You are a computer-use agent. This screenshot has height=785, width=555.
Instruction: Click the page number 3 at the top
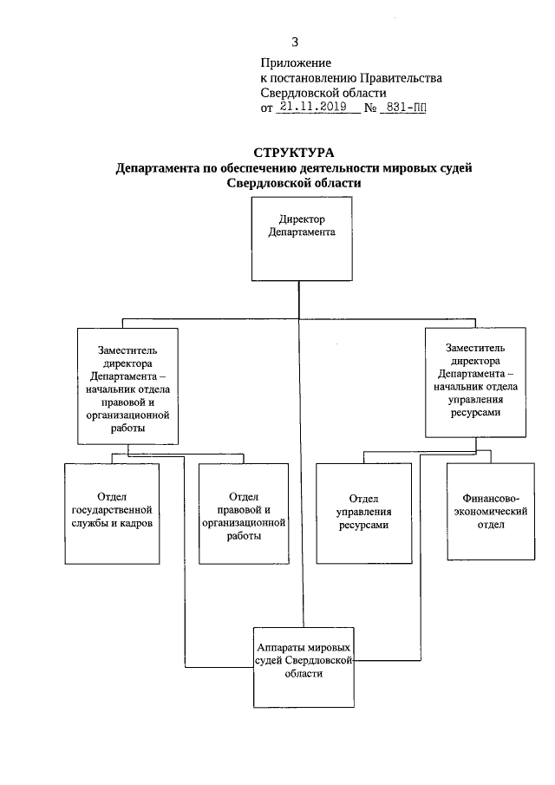[296, 42]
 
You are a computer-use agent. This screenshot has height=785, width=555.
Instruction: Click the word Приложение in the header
[296, 63]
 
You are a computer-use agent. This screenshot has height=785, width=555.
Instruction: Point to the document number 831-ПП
[404, 108]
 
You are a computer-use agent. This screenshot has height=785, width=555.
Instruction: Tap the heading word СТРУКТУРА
[292, 154]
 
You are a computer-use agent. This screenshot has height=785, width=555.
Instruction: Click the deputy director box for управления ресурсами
[473, 381]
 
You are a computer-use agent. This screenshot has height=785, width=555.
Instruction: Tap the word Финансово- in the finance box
[493, 500]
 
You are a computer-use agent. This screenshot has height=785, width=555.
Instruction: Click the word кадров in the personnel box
[138, 526]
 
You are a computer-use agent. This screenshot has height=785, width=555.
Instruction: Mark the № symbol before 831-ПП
[369, 108]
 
